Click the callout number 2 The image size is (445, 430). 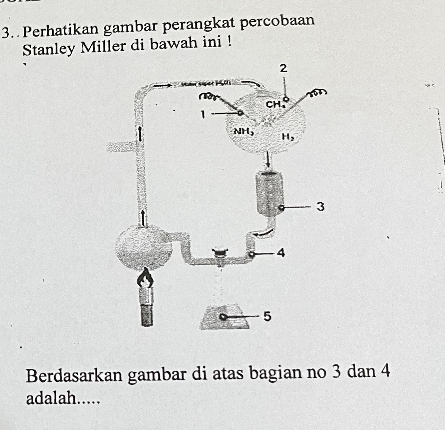(x=284, y=68)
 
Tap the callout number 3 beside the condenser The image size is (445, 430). (x=321, y=207)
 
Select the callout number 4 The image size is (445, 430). (x=281, y=253)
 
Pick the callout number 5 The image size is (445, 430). (x=267, y=316)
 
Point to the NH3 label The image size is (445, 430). (x=244, y=131)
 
